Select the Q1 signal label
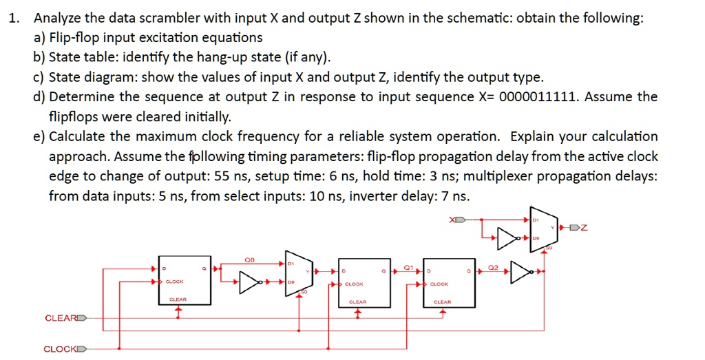[408, 266]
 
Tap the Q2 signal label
[493, 266]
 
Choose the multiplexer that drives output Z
[540, 228]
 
